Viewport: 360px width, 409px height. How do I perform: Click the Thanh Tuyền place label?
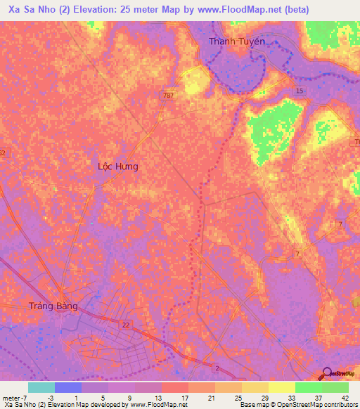pos(236,41)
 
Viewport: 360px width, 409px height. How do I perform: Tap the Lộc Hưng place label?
pos(117,167)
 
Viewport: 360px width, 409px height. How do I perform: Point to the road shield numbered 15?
pos(300,91)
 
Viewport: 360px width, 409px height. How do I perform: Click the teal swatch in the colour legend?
pos(41,387)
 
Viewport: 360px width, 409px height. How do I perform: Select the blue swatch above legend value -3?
pos(67,387)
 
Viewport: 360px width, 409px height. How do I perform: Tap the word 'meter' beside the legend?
pos(11,397)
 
